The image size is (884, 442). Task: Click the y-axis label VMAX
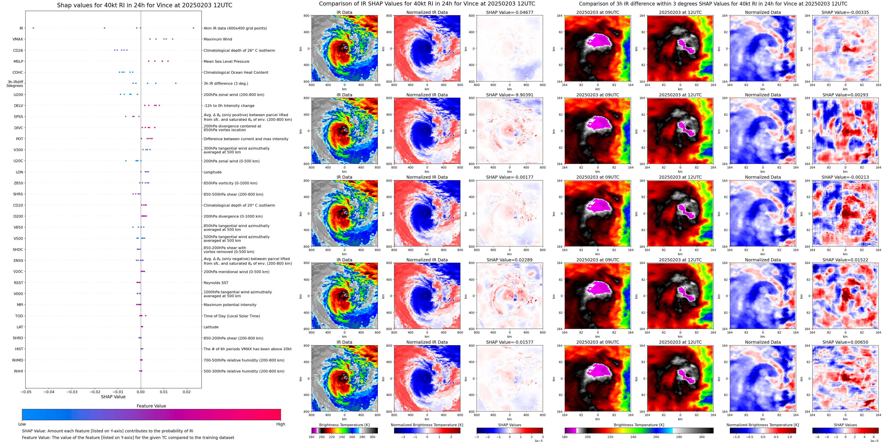(18, 39)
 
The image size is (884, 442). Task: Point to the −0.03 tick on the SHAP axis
(72, 392)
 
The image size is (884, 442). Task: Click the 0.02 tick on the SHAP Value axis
(186, 392)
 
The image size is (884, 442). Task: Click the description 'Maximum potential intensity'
(230, 305)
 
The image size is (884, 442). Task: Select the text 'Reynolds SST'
(216, 283)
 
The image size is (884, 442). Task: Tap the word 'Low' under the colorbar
(22, 424)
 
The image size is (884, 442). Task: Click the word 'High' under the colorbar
(280, 424)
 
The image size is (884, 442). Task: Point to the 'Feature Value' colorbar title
(151, 406)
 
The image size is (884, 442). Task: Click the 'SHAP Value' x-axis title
(113, 397)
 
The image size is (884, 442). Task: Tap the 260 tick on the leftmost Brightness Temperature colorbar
(352, 437)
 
